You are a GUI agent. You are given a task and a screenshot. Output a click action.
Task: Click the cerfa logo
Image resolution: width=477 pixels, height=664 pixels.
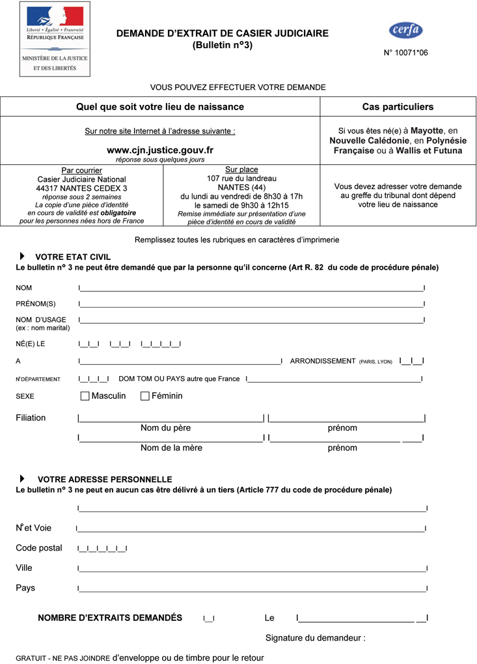pos(405,30)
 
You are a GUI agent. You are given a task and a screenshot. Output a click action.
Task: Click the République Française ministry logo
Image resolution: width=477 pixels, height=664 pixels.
pos(55,39)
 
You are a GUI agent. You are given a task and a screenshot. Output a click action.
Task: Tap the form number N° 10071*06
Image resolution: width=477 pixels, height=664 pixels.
pos(405,53)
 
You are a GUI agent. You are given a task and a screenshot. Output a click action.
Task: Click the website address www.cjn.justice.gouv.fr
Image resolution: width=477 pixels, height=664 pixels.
pos(159,150)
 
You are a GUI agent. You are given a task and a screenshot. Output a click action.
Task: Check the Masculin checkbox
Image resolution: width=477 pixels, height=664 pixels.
pos(85,396)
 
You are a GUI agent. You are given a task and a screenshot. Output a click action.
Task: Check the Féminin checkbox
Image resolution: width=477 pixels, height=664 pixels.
pos(145,396)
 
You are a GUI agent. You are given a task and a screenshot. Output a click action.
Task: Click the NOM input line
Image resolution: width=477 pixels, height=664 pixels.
pos(251,288)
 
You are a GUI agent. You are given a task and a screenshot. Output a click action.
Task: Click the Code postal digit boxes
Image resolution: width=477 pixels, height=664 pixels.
pos(102,549)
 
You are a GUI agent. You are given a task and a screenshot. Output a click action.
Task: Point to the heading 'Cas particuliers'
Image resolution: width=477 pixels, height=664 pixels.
pos(398,107)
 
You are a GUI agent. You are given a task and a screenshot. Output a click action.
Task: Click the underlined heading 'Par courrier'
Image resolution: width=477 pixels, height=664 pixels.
pos(81,171)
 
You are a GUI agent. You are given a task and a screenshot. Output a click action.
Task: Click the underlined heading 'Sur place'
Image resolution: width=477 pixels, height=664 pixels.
pos(241,170)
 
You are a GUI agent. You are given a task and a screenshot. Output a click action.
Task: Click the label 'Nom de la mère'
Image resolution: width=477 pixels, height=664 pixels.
pos(171,448)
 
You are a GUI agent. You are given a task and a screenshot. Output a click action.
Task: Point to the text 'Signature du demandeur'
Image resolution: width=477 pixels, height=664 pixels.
pos(315,638)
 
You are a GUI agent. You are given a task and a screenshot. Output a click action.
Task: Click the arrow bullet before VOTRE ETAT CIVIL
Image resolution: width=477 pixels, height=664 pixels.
pos(23,257)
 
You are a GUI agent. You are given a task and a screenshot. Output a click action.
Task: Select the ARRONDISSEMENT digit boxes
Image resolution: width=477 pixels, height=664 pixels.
pos(412,361)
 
